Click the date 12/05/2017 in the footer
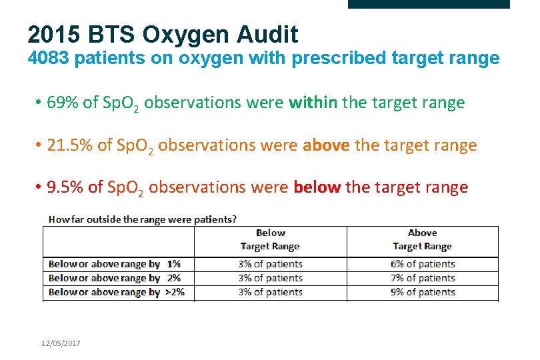coord(61,342)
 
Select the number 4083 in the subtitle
coord(49,59)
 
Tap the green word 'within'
coord(313,103)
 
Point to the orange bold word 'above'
coord(326,145)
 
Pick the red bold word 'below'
coord(317,187)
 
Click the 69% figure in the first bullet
coord(63,103)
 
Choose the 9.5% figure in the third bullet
coord(66,187)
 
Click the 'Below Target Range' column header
coord(270,239)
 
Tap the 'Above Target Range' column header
coord(422,239)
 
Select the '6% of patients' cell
coord(423,264)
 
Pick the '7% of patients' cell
coord(423,278)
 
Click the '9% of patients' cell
coord(423,292)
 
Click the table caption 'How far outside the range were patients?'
coord(143,219)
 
